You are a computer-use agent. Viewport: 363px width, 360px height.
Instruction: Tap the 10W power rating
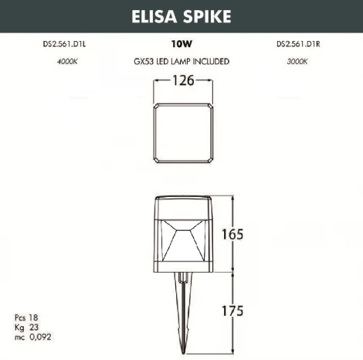(181, 44)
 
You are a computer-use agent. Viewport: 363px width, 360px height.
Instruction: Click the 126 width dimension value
(182, 80)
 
